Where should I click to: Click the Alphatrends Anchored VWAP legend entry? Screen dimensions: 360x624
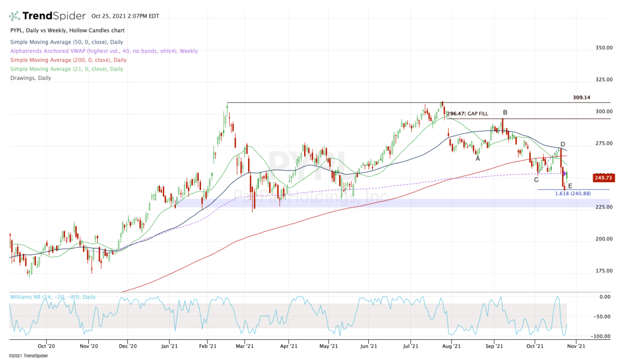click(103, 51)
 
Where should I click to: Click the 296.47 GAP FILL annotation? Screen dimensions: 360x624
click(467, 113)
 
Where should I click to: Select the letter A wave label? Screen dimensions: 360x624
click(477, 159)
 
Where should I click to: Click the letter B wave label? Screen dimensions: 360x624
click(505, 112)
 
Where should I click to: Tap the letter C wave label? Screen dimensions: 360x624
click(536, 180)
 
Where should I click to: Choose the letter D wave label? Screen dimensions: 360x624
click(563, 144)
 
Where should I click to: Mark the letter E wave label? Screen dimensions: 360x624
click(570, 186)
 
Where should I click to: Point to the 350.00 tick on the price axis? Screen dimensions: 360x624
click(604, 48)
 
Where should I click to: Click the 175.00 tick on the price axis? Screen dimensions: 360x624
click(604, 271)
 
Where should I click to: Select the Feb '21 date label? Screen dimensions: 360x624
click(207, 345)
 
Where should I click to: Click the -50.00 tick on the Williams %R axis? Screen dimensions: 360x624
click(604, 316)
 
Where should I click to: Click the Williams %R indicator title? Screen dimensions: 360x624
click(53, 297)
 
